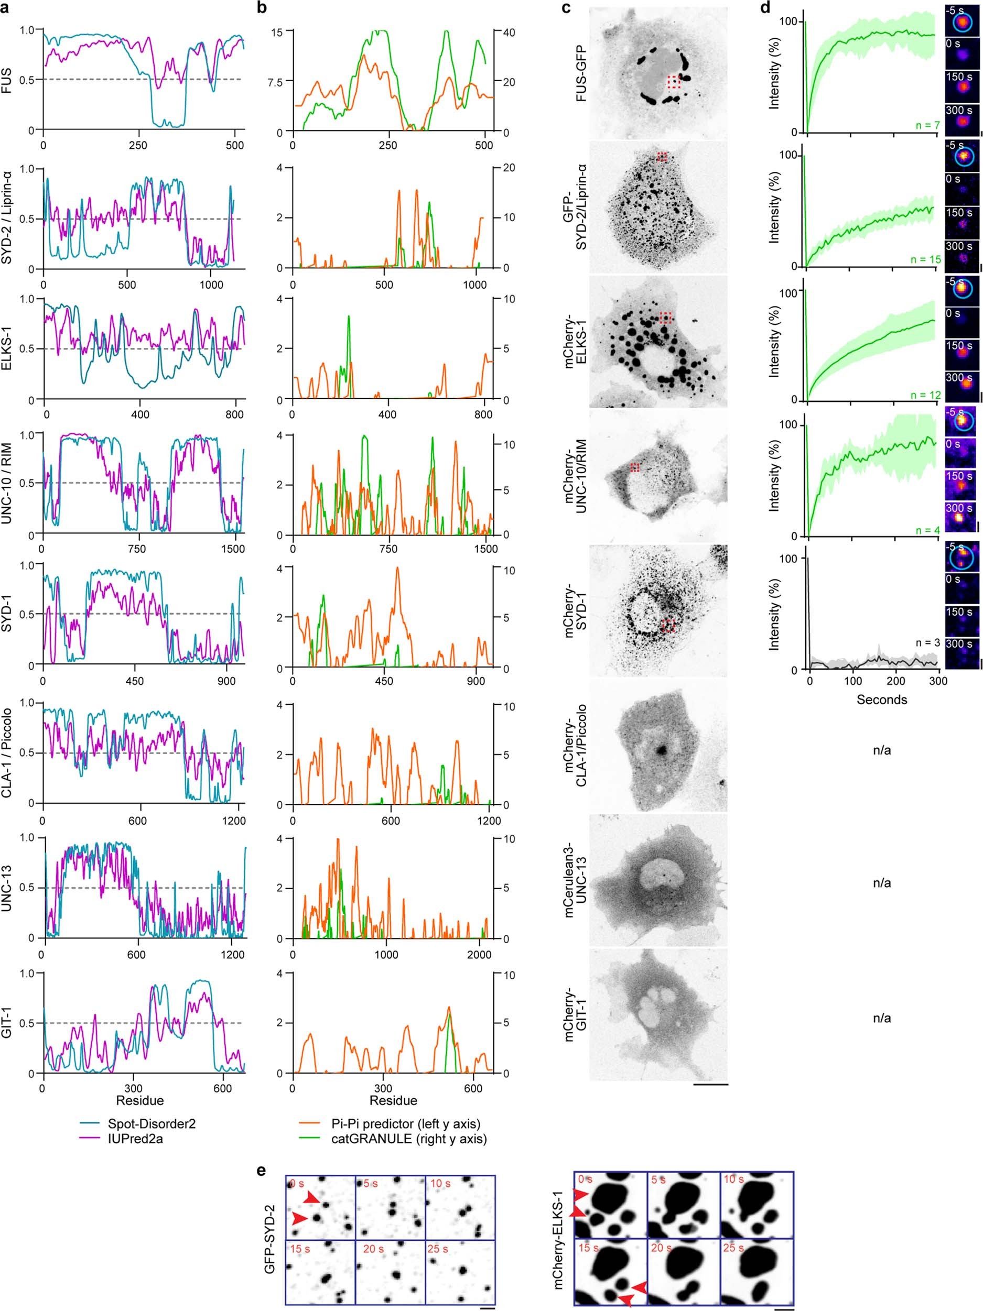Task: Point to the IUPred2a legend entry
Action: click(135, 1139)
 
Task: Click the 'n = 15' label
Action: click(924, 259)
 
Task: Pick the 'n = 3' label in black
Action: click(927, 642)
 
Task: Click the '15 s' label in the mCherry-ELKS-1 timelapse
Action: click(588, 1248)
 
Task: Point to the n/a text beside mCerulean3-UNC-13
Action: click(882, 882)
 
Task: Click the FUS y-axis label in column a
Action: click(7, 80)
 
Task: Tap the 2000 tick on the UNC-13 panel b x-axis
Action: click(479, 955)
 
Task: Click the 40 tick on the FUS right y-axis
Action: click(509, 32)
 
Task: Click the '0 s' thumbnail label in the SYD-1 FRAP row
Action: click(953, 579)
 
